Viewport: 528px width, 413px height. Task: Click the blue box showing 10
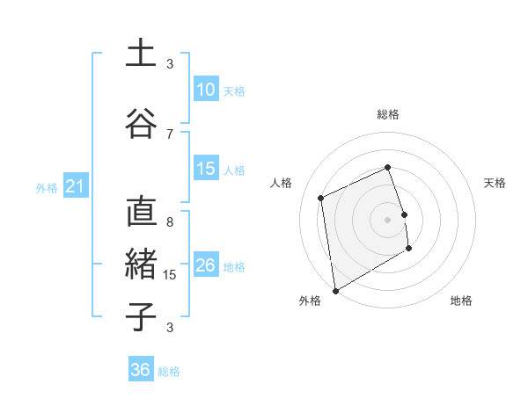[206, 90]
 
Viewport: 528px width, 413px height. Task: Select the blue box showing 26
[206, 265]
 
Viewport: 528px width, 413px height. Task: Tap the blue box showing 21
[75, 186]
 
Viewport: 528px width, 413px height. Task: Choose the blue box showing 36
[141, 370]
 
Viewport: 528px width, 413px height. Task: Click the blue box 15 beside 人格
[206, 169]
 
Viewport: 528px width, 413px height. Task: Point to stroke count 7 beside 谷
[170, 134]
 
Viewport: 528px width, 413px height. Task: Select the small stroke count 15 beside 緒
[172, 275]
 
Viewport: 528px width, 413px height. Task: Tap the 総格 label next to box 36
[169, 372]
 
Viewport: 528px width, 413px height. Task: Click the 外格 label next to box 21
[47, 187]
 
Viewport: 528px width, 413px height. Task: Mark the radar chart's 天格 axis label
[495, 183]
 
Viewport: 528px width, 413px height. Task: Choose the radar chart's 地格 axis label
[461, 301]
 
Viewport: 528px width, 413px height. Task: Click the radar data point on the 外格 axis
[334, 290]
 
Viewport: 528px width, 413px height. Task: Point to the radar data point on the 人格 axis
[321, 198]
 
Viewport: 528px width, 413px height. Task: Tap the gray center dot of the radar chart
[387, 220]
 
